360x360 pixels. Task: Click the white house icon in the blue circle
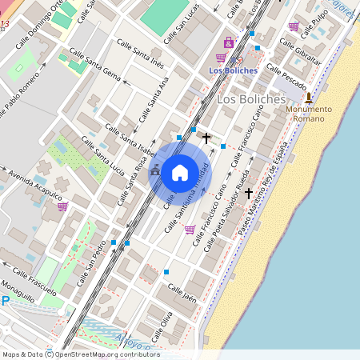coord(180,171)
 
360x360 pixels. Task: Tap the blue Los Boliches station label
coord(233,70)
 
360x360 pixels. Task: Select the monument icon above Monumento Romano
coord(309,98)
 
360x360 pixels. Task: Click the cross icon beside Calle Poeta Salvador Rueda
coord(249,193)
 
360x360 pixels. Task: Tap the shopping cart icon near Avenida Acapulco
coord(62,206)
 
